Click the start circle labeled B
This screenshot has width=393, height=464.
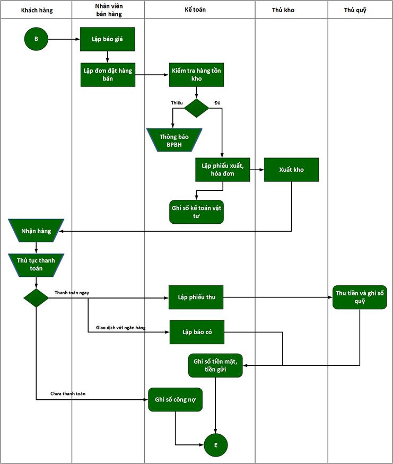point(36,39)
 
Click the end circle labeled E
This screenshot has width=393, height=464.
point(215,444)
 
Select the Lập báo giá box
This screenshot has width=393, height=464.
point(107,39)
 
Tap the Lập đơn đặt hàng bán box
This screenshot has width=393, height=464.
point(108,75)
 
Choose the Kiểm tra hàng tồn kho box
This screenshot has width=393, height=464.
point(196,75)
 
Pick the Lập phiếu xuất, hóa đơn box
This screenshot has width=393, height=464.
point(222,170)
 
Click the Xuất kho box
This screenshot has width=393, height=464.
point(291,170)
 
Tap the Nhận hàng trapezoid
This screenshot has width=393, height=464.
point(36,231)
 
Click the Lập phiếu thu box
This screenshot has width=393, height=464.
point(196,298)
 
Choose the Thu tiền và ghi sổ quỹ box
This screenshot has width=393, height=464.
point(360,298)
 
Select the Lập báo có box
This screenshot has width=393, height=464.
point(196,332)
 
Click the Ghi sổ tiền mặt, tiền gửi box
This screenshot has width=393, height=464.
point(215,365)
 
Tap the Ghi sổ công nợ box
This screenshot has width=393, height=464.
point(175,399)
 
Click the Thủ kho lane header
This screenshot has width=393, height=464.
point(291,10)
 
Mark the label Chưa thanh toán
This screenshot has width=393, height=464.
point(68,393)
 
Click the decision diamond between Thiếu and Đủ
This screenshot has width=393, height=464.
point(196,108)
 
